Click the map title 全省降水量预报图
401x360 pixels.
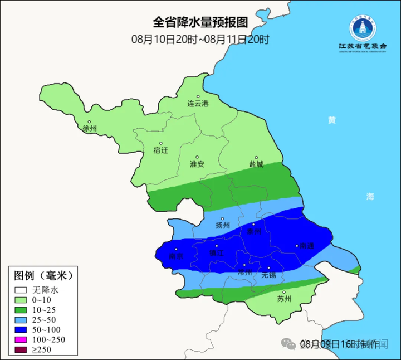[x=200, y=22]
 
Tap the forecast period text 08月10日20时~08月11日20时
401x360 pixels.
[x=200, y=40]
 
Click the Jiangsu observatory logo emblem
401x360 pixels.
[x=363, y=27]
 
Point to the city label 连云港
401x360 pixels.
[x=198, y=104]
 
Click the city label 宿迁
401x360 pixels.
[x=160, y=150]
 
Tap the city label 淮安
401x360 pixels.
[x=197, y=164]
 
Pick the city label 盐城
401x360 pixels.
[x=256, y=164]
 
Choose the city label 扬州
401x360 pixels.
[x=222, y=226]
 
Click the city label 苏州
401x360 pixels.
[x=284, y=299]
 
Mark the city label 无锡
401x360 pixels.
[x=268, y=275]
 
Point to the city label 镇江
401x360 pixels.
[x=216, y=252]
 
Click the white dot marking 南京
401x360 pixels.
[x=177, y=250]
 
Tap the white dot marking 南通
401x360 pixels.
[x=296, y=245]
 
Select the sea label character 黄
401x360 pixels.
[x=332, y=120]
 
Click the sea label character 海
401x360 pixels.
[x=370, y=196]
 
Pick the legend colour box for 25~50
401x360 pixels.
[x=21, y=320]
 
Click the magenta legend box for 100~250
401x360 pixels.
[x=21, y=339]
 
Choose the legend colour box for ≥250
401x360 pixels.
[x=21, y=349]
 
